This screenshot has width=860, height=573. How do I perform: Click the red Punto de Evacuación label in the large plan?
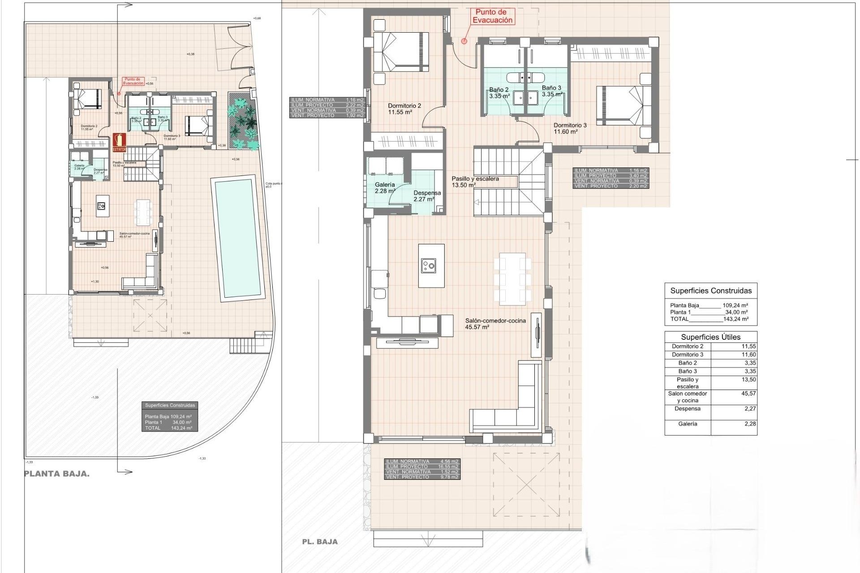(x=492, y=17)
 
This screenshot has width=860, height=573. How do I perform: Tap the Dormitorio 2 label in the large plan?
(x=404, y=109)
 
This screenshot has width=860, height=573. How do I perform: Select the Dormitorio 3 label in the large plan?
(x=570, y=128)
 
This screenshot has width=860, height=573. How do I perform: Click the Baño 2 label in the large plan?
(x=499, y=93)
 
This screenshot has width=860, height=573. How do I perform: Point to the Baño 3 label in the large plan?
(x=551, y=91)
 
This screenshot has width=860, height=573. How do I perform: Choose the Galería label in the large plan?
(x=385, y=188)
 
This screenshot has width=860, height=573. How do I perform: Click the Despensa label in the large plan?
(x=427, y=196)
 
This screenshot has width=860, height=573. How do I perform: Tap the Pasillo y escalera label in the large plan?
(x=475, y=181)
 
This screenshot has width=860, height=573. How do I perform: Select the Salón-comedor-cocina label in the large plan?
(x=495, y=324)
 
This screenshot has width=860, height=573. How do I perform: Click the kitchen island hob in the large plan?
(x=429, y=266)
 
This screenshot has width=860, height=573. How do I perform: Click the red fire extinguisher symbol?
(x=119, y=142)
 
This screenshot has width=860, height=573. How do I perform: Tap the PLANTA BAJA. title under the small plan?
(x=57, y=474)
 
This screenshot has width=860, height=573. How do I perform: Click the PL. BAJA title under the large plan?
(x=320, y=542)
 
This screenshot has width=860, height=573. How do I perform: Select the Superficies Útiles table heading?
(x=710, y=337)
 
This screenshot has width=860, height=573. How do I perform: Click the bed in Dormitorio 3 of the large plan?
(x=623, y=106)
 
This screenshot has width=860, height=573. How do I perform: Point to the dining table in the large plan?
(x=512, y=278)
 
